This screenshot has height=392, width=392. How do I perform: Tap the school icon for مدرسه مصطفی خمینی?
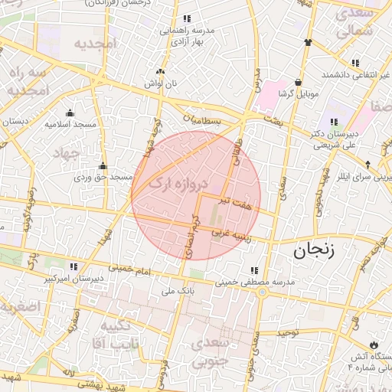click(x=254, y=271)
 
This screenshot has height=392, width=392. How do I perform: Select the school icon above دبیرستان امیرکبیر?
click(x=74, y=266)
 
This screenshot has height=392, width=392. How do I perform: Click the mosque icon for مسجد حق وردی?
click(x=103, y=166)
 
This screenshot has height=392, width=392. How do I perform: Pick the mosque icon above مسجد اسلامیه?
click(x=70, y=113)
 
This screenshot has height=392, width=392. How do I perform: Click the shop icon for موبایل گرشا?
click(x=298, y=82)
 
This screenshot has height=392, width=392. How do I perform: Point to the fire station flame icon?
click(x=374, y=345)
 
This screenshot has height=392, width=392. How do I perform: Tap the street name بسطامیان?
click(x=203, y=121)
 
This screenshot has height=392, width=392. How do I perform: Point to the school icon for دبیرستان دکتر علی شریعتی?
click(x=332, y=122)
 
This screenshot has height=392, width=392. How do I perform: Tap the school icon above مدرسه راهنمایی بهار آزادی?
click(x=186, y=19)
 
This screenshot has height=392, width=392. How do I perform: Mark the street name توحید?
click(x=287, y=333)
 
